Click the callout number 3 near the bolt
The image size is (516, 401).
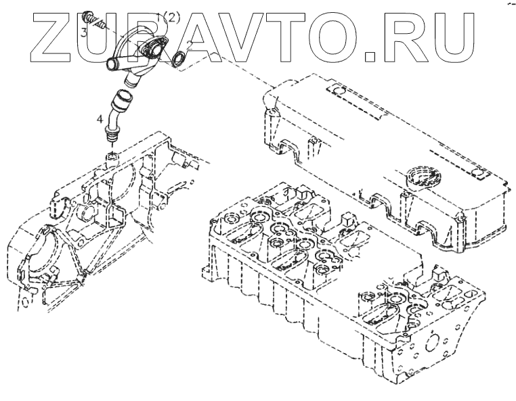point(83,31)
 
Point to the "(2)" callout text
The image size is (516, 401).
point(171,18)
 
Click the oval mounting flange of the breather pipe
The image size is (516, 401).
point(154,47)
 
